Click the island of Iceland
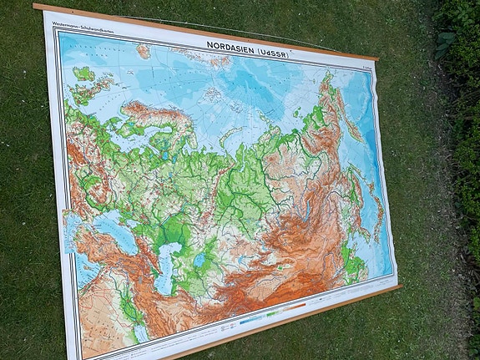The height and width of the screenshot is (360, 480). (83, 74)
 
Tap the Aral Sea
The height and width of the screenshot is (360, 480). (200, 261)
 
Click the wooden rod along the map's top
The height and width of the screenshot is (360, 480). (209, 29)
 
